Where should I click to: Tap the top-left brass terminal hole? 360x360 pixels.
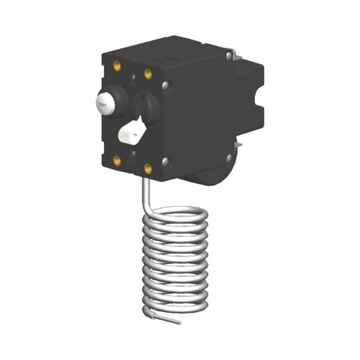click(x=117, y=65)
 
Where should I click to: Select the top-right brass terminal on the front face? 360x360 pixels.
click(x=148, y=73)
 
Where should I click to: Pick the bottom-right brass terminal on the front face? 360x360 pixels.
click(x=148, y=169)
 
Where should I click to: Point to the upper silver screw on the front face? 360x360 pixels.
click(x=166, y=86)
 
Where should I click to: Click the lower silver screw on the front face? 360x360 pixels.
click(x=166, y=161)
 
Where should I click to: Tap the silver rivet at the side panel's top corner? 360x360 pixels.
click(x=229, y=56)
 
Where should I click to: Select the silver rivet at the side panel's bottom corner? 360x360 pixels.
click(x=229, y=158)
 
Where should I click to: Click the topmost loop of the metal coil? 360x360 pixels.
click(x=177, y=213)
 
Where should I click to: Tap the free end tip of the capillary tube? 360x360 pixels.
click(x=179, y=323)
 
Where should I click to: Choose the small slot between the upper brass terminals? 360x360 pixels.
click(x=133, y=77)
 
